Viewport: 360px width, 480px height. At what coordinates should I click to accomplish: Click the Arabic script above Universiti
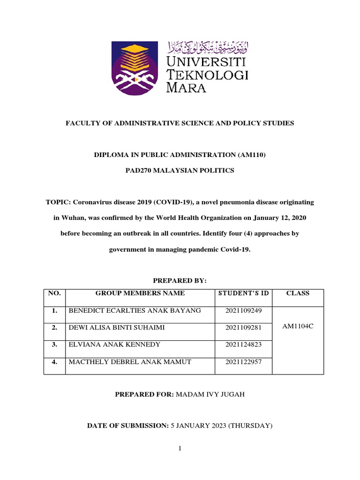point(208,47)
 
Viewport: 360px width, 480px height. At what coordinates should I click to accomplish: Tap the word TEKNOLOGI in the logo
point(208,74)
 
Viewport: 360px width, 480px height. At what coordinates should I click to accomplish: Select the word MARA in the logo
point(187,88)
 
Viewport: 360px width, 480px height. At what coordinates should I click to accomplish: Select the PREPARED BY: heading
point(180,280)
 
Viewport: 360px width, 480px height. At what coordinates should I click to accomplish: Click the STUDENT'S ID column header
point(243,293)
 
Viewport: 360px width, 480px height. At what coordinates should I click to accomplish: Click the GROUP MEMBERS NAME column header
point(140,293)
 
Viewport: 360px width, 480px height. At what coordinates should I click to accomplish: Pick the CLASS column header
point(298,293)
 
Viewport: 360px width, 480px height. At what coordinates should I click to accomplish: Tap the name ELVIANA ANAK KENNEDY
point(114,345)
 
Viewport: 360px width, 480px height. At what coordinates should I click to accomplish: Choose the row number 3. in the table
point(54,345)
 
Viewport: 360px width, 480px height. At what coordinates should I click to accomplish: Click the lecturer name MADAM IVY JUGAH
point(210,395)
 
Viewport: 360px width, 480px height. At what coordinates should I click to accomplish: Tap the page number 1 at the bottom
point(180,449)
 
